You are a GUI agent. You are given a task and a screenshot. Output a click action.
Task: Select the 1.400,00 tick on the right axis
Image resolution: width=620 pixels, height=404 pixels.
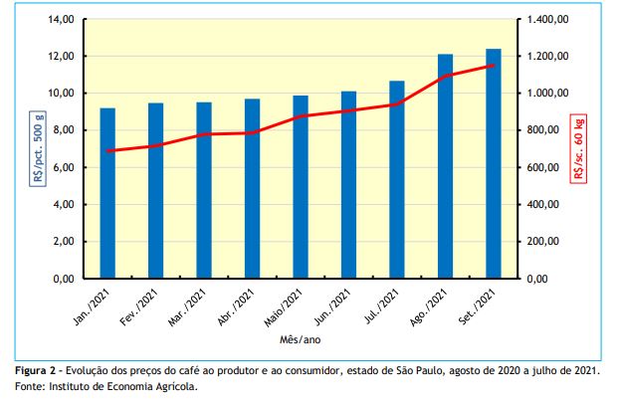(x=547, y=20)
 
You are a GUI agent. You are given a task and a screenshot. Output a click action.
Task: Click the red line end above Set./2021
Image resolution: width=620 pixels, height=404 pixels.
(x=494, y=66)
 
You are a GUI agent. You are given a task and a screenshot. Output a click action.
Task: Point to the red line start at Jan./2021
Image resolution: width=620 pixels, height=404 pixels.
(x=107, y=151)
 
